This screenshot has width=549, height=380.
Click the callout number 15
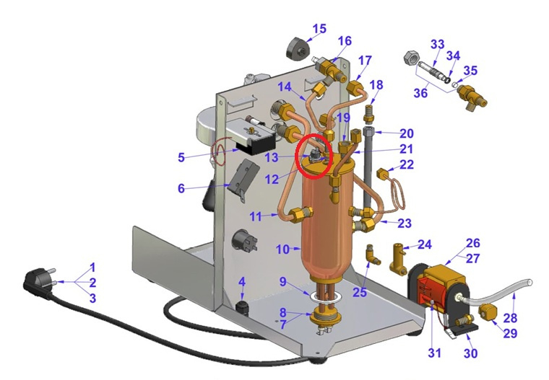pyautogui.click(x=319, y=28)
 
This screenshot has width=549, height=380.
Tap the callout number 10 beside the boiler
pyautogui.click(x=283, y=249)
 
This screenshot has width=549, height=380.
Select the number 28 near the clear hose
pyautogui.click(x=511, y=318)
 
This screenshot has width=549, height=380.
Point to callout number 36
pyautogui.click(x=420, y=92)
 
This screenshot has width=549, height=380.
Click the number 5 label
pyautogui.click(x=181, y=157)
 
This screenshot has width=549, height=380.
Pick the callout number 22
pyautogui.click(x=407, y=164)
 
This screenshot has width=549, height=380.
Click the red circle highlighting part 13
pyautogui.click(x=313, y=156)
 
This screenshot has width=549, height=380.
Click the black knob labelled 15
pyautogui.click(x=298, y=48)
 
